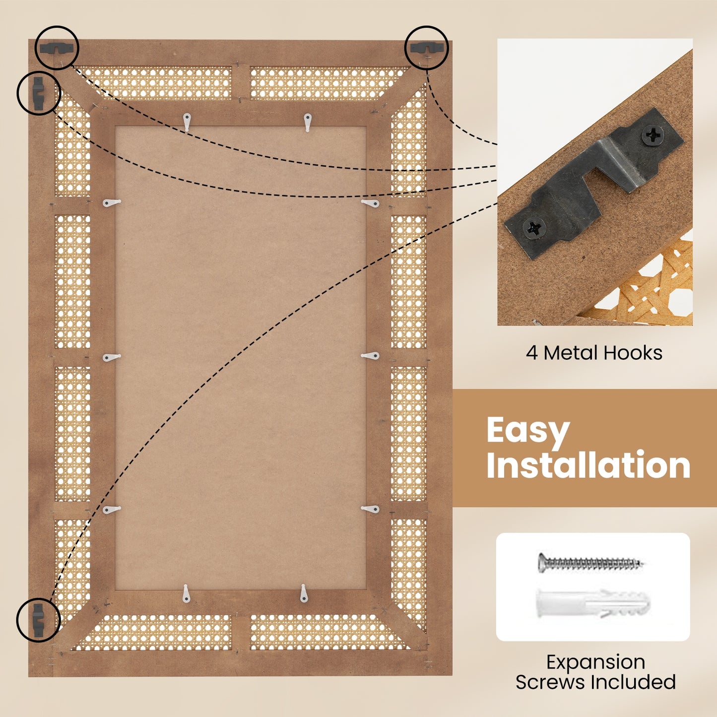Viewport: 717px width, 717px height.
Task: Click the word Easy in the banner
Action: pyautogui.click(x=528, y=431)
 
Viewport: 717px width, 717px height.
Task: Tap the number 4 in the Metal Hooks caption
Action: pyautogui.click(x=532, y=353)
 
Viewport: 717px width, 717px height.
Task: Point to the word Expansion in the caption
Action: pyautogui.click(x=596, y=662)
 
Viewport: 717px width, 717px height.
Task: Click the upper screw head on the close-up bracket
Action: pyautogui.click(x=652, y=135)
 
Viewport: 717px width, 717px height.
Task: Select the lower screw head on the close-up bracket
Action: pyautogui.click(x=534, y=228)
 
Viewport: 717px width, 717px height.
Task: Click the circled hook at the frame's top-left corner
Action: pyautogui.click(x=58, y=48)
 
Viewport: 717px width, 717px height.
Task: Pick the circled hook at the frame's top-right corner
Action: pyautogui.click(x=426, y=47)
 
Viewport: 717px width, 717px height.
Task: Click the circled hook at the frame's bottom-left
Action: pyautogui.click(x=38, y=620)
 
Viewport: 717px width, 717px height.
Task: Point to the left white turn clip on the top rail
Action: pyautogui.click(x=187, y=122)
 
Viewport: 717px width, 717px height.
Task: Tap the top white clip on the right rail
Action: pyautogui.click(x=370, y=203)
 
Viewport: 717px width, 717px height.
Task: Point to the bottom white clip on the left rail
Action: pyautogui.click(x=112, y=510)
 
